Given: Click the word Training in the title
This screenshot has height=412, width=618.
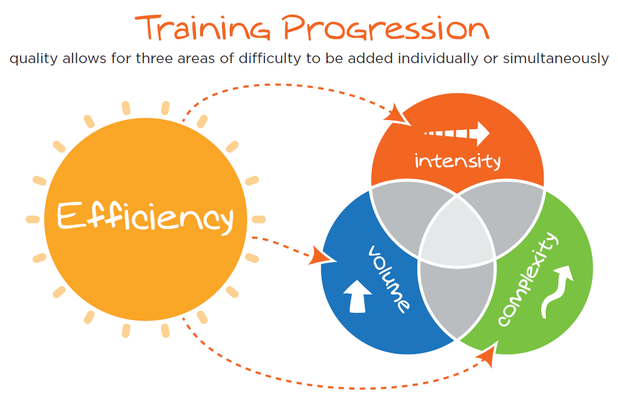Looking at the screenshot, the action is (202, 29).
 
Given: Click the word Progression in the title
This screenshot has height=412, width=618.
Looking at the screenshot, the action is (386, 28).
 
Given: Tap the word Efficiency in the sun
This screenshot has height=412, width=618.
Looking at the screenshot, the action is (145, 216).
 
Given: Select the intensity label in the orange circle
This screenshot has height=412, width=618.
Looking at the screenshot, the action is (457, 161).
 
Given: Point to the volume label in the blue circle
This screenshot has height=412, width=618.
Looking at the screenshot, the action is (389, 279).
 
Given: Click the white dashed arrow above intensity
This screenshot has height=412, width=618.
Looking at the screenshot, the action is (457, 133).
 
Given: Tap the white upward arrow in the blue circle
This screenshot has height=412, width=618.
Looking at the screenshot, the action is (358, 296).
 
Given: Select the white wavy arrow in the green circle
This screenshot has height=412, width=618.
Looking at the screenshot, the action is (557, 291).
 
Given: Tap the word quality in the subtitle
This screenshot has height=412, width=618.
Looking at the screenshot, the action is (34, 59).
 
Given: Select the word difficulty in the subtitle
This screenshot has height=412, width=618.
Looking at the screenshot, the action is (270, 59).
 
